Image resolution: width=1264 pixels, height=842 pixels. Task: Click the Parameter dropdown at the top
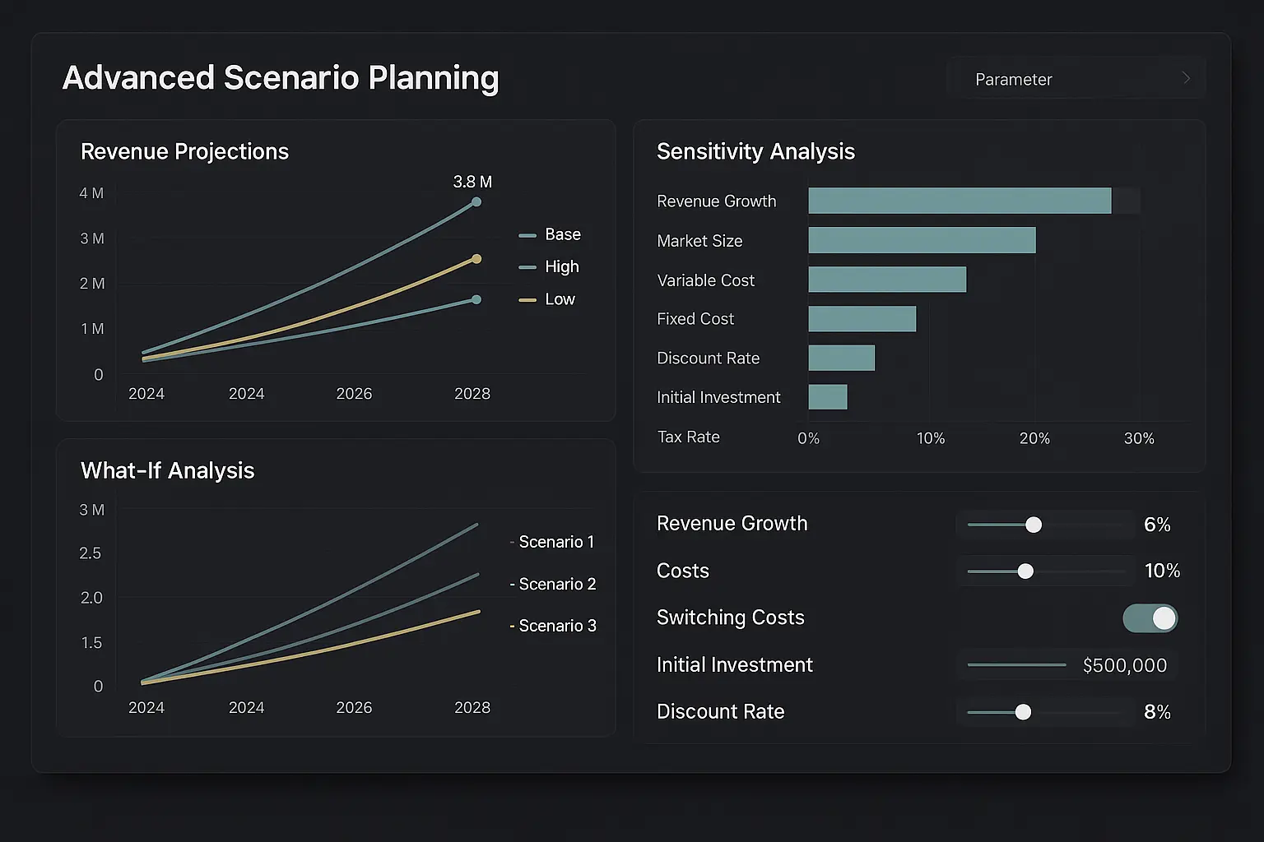pyautogui.click(x=1076, y=79)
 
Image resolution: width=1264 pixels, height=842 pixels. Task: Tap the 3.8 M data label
pyautogui.click(x=472, y=182)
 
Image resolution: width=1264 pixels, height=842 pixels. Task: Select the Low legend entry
pyautogui.click(x=559, y=299)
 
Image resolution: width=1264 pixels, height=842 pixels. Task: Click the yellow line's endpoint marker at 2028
pyautogui.click(x=476, y=259)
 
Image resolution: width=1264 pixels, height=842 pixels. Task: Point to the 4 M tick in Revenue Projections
pyautogui.click(x=91, y=193)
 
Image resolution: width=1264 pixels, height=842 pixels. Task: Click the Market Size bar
pyautogui.click(x=922, y=240)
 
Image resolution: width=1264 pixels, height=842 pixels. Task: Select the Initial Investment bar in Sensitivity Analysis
pyautogui.click(x=828, y=397)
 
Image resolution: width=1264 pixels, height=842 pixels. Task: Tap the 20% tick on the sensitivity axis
pyautogui.click(x=1034, y=438)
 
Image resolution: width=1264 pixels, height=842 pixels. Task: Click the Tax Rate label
pyautogui.click(x=688, y=437)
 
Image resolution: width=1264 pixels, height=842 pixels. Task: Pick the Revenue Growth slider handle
pyautogui.click(x=1034, y=525)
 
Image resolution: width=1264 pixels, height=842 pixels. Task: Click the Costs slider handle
pyautogui.click(x=1025, y=571)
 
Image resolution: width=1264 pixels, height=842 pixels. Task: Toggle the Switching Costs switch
pyautogui.click(x=1150, y=618)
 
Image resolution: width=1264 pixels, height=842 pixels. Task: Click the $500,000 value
pyautogui.click(x=1124, y=665)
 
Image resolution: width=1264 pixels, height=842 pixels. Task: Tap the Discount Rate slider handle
pyautogui.click(x=1023, y=712)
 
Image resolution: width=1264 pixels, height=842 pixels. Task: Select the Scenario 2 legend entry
pyautogui.click(x=556, y=584)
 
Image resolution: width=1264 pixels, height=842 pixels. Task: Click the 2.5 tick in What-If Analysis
pyautogui.click(x=91, y=553)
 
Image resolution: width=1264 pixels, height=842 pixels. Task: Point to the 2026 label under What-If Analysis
pyautogui.click(x=354, y=708)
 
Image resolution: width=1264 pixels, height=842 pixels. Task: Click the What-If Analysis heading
pyautogui.click(x=167, y=470)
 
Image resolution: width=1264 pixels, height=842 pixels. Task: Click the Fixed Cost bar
pyautogui.click(x=862, y=319)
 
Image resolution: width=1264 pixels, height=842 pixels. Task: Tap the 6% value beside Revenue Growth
pyautogui.click(x=1157, y=525)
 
